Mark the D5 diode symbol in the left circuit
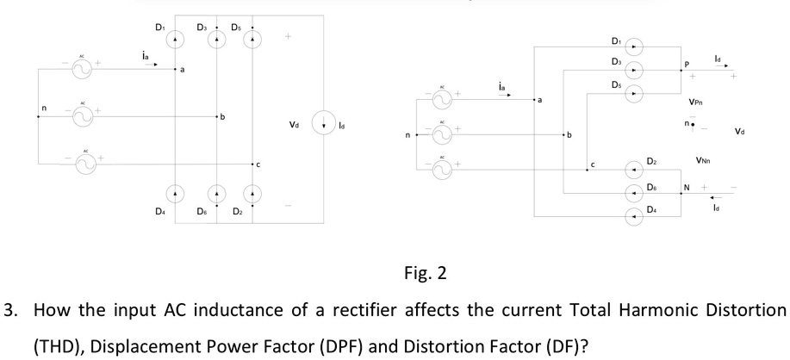point(252,40)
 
